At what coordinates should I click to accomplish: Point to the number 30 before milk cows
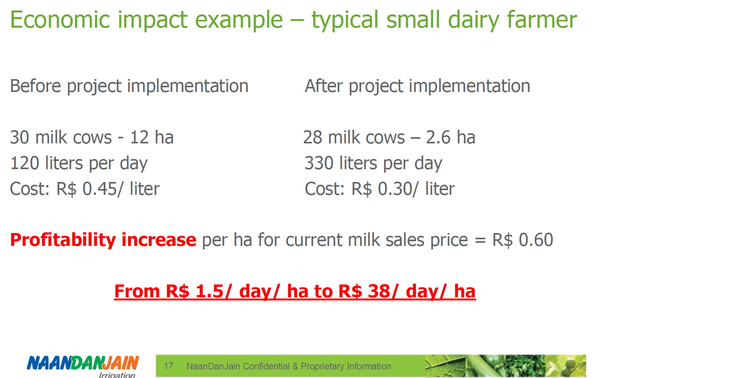[x=20, y=138]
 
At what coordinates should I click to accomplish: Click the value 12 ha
[x=152, y=138]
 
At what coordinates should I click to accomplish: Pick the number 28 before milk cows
[x=313, y=138]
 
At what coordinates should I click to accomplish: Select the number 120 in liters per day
[x=25, y=163]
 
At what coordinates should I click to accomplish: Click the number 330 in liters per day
[x=319, y=163]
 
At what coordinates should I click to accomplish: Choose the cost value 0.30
[x=395, y=189]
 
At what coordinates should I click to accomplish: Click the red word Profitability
[x=63, y=240]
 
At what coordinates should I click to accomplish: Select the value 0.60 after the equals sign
[x=536, y=240]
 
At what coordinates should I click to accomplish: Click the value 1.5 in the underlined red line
[x=210, y=291]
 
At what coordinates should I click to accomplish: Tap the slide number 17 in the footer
[x=169, y=366]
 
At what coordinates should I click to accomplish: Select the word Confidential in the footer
[x=266, y=366]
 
